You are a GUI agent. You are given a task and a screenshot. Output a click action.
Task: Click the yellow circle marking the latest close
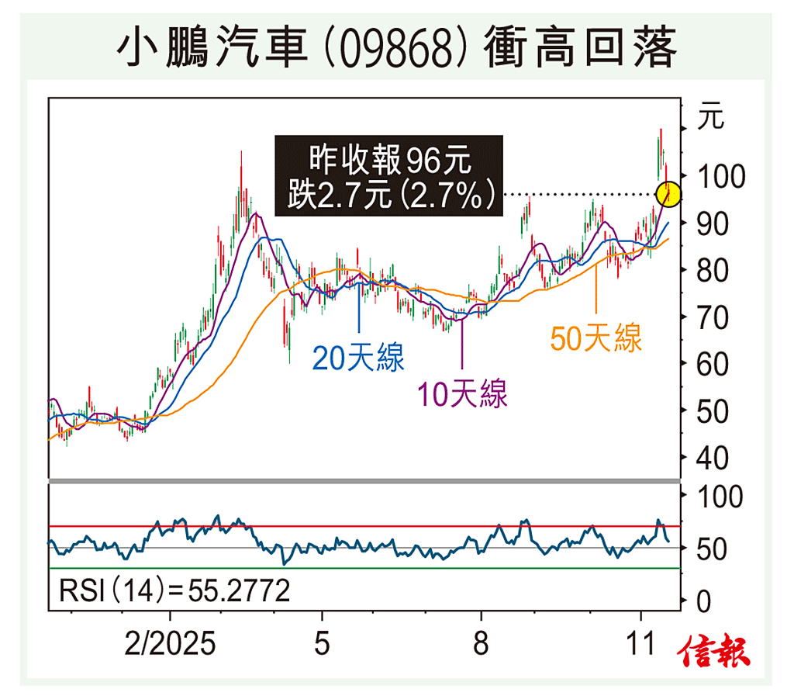click(668, 194)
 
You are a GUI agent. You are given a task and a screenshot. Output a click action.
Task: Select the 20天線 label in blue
click(358, 358)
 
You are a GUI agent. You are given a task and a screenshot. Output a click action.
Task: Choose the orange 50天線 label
click(595, 338)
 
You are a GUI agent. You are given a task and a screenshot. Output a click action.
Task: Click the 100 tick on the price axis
click(720, 178)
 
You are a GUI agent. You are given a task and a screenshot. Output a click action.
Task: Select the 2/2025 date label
click(171, 644)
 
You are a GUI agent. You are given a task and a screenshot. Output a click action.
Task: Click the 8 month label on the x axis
click(482, 644)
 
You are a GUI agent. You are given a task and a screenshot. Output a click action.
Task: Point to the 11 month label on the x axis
click(640, 644)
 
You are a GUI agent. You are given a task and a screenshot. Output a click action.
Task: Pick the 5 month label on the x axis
click(321, 644)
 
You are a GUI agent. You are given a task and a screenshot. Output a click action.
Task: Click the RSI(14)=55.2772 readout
click(174, 591)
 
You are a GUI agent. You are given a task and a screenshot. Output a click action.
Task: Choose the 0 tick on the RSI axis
click(704, 601)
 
